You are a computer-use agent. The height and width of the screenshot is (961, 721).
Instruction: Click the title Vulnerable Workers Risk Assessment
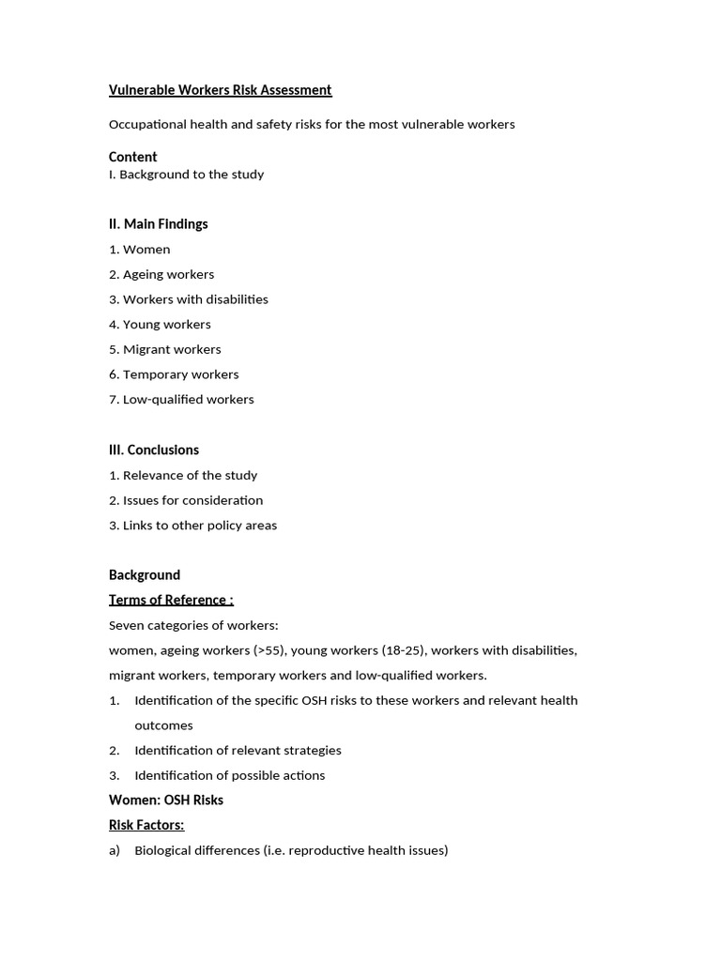tap(220, 90)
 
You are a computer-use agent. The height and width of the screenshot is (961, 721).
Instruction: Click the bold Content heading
tap(132, 157)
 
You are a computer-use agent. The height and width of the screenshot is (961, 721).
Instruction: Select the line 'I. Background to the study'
tap(186, 175)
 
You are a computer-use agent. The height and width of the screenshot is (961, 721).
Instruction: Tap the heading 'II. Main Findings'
tap(158, 224)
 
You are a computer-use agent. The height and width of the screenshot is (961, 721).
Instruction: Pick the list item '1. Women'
tap(139, 250)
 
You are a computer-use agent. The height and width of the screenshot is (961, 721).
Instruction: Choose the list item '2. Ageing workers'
tap(161, 275)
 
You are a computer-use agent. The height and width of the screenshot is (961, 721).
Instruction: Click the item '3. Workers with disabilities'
tap(188, 299)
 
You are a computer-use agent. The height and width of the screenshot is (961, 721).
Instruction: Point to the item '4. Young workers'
tap(160, 325)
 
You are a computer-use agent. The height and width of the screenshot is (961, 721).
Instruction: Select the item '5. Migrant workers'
tap(164, 349)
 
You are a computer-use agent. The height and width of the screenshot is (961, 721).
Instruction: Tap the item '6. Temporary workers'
tap(174, 374)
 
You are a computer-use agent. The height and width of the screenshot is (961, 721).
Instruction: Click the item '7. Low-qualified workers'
tap(181, 400)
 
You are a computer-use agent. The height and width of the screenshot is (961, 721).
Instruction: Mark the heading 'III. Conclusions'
tap(153, 450)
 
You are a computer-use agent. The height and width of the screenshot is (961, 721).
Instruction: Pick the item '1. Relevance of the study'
tap(182, 476)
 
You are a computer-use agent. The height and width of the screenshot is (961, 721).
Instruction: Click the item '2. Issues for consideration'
tap(185, 500)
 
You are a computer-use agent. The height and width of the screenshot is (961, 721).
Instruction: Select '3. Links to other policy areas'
tap(192, 526)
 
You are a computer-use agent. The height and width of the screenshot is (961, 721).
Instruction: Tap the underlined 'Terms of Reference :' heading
tap(171, 601)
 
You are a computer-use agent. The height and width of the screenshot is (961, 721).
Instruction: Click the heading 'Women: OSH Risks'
tap(165, 801)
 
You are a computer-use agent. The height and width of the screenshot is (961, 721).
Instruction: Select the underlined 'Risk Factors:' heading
tap(146, 826)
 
